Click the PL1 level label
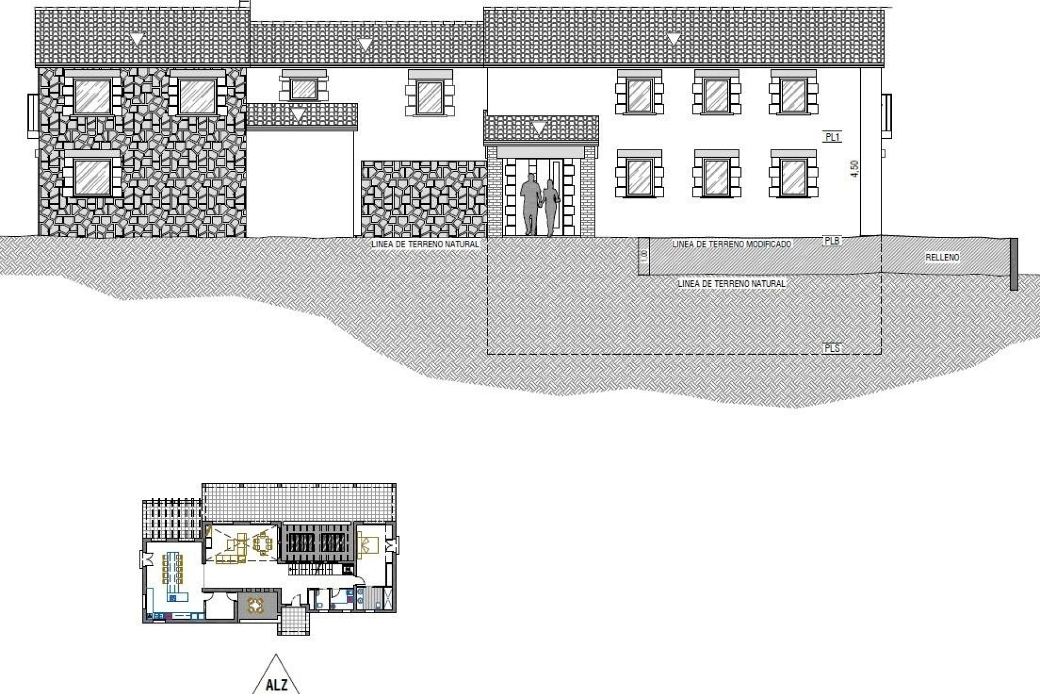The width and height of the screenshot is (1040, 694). click(x=832, y=137)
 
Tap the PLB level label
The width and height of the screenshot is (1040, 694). click(x=831, y=240)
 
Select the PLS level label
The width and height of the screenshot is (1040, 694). click(x=831, y=348)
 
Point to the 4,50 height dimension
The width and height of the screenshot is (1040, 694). click(x=854, y=169)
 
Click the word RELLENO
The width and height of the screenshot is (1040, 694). click(x=942, y=258)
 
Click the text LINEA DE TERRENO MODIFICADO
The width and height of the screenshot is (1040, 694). click(x=731, y=245)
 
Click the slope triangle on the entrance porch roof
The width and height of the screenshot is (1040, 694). click(x=539, y=128)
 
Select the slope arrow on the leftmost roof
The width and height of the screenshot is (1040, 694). click(x=137, y=39)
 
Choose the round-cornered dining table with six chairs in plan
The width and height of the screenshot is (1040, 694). click(x=263, y=544)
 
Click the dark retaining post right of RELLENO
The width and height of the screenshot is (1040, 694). click(x=1013, y=264)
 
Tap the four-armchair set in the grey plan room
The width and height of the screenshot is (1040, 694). click(x=255, y=605)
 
